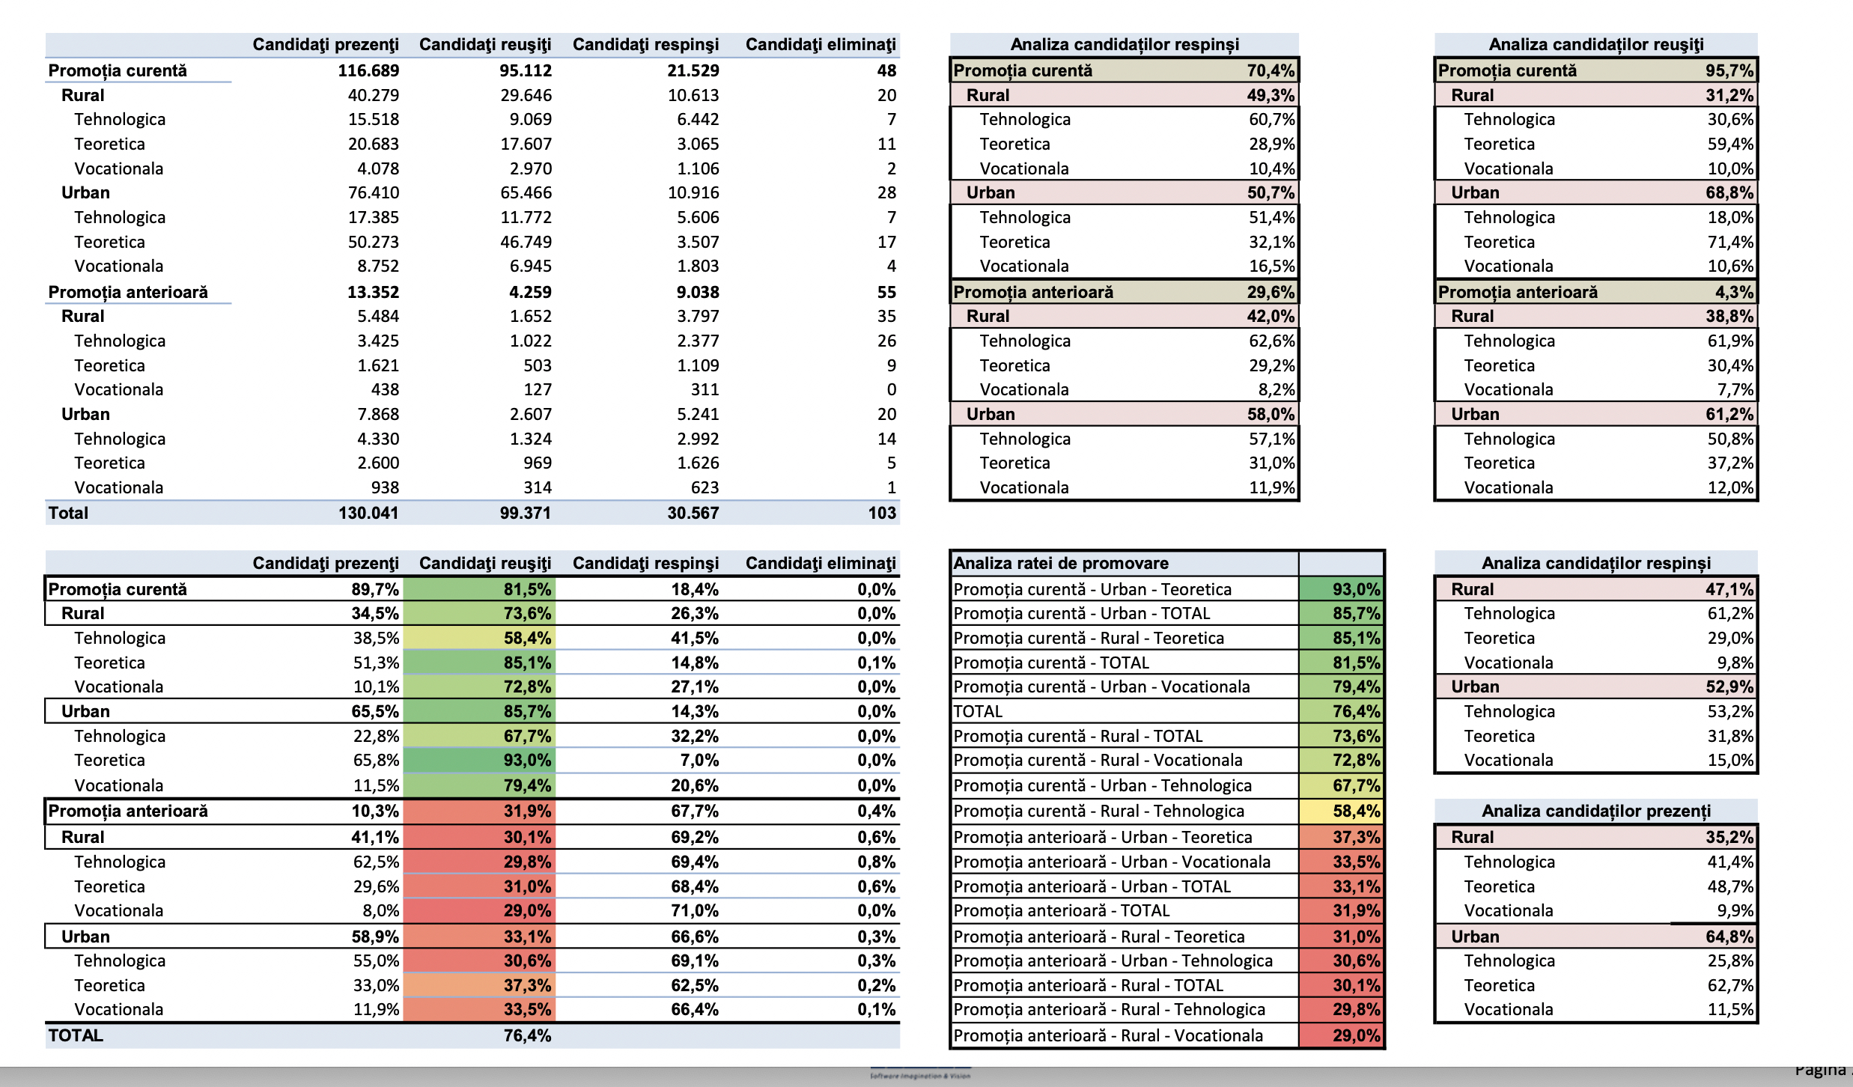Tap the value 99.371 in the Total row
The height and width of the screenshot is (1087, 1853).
coord(525,513)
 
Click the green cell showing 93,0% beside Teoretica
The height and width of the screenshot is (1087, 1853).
coord(527,760)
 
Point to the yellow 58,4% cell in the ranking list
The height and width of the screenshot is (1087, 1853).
coord(1356,811)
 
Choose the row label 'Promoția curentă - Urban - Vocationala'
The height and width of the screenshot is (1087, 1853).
coord(1101,686)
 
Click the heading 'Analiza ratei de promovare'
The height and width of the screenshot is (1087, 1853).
coord(1061,563)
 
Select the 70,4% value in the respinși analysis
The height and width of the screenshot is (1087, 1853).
coord(1271,70)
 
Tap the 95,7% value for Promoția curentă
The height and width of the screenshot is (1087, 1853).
coord(1729,70)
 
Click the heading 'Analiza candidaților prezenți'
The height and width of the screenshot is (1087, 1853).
coord(1595,811)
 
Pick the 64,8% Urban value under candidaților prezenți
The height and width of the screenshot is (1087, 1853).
coord(1729,937)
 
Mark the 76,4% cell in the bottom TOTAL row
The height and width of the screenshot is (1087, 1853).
coord(527,1035)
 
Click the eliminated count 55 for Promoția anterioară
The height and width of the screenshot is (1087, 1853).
coord(886,292)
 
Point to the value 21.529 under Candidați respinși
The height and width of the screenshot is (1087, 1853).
coord(693,70)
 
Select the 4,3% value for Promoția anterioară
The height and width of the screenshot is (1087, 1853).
coord(1734,292)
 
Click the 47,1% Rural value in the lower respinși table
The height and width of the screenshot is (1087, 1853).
coord(1729,589)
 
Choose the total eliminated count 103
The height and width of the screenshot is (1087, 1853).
coord(882,513)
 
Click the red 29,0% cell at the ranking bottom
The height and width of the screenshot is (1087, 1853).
coord(1356,1035)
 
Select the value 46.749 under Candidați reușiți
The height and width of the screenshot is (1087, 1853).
coord(526,242)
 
